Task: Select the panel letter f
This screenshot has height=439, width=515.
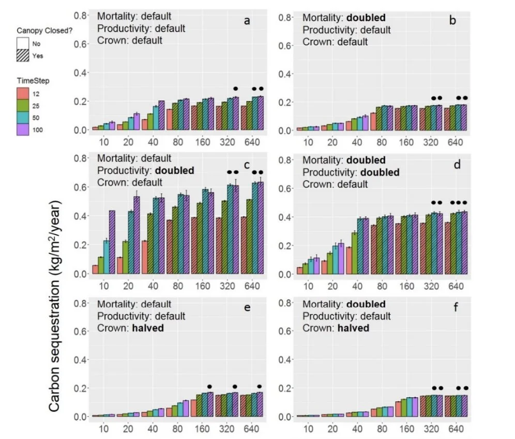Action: [x=450, y=308]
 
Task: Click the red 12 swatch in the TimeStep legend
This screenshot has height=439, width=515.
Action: [x=23, y=94]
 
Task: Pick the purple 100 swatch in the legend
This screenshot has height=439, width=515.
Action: [x=23, y=129]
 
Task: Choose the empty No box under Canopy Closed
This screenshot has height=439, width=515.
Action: [x=23, y=44]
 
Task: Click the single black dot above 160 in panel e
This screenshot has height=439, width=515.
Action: [x=209, y=386]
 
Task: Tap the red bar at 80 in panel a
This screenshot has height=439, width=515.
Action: [x=169, y=120]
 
